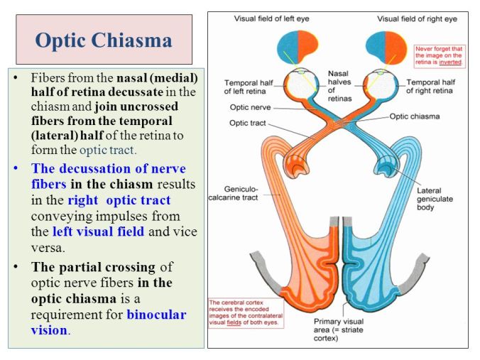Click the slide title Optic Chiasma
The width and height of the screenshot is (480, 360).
click(x=104, y=40)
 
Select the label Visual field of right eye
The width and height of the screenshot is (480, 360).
click(x=417, y=18)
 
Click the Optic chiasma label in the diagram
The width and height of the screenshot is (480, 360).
click(x=419, y=116)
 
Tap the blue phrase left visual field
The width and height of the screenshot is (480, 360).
click(x=98, y=231)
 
